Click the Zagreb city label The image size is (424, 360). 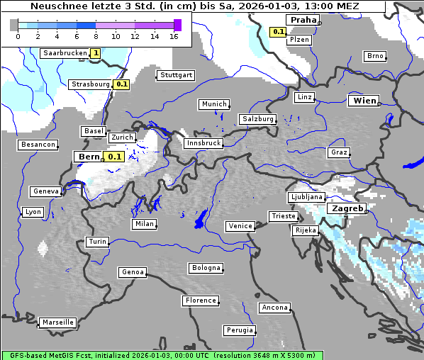347,209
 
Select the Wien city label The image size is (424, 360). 364,101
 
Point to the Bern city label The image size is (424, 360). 89,157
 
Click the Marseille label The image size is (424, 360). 57,322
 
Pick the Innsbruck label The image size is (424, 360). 203,143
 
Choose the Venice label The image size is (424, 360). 240,226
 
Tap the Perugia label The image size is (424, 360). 239,330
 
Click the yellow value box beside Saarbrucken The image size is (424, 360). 95,53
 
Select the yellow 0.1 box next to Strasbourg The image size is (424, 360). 121,84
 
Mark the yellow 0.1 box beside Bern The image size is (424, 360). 114,157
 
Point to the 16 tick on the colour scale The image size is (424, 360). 174,35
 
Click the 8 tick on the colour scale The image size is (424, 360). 96,35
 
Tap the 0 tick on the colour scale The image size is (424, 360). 18,35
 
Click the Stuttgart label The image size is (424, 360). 176,75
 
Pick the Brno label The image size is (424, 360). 374,56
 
